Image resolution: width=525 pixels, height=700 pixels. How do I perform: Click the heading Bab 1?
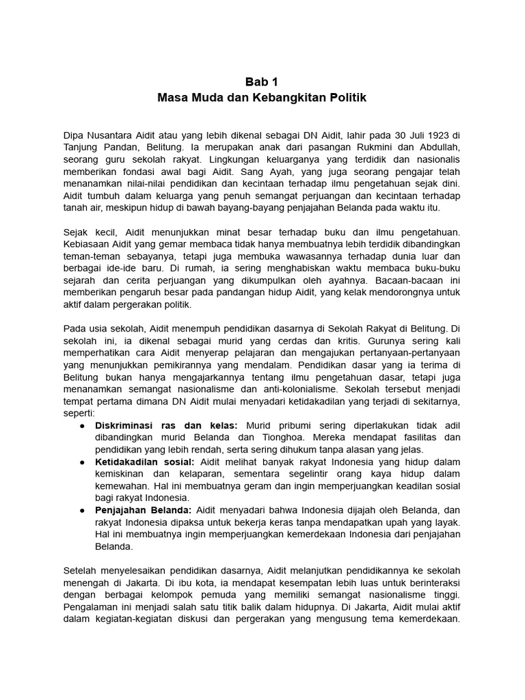(x=262, y=81)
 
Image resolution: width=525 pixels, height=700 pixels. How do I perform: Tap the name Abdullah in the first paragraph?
(x=439, y=146)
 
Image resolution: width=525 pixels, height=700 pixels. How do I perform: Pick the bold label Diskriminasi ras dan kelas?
(x=166, y=425)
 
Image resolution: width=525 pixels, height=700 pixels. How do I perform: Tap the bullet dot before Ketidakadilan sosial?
(x=83, y=461)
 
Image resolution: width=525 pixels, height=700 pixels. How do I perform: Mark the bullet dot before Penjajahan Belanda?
(x=83, y=510)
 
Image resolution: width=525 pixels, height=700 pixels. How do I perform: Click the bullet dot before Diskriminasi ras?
(x=83, y=425)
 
